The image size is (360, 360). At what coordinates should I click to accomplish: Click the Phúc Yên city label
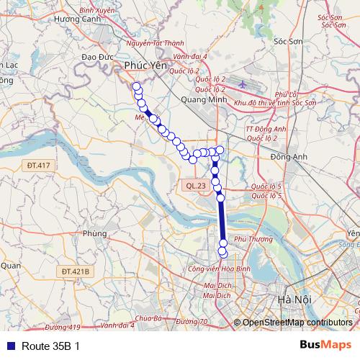coord(140,66)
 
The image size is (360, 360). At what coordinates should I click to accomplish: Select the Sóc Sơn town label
coord(287,42)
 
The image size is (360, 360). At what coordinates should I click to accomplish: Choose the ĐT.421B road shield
coord(74,271)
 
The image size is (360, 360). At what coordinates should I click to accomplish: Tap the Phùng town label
coord(94,233)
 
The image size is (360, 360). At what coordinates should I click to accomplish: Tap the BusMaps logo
coord(323,345)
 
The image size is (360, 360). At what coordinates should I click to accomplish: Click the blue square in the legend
coord(11,346)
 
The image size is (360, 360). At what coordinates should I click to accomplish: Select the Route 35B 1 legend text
coord(50,346)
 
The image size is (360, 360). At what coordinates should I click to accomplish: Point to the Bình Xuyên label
coord(97,11)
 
